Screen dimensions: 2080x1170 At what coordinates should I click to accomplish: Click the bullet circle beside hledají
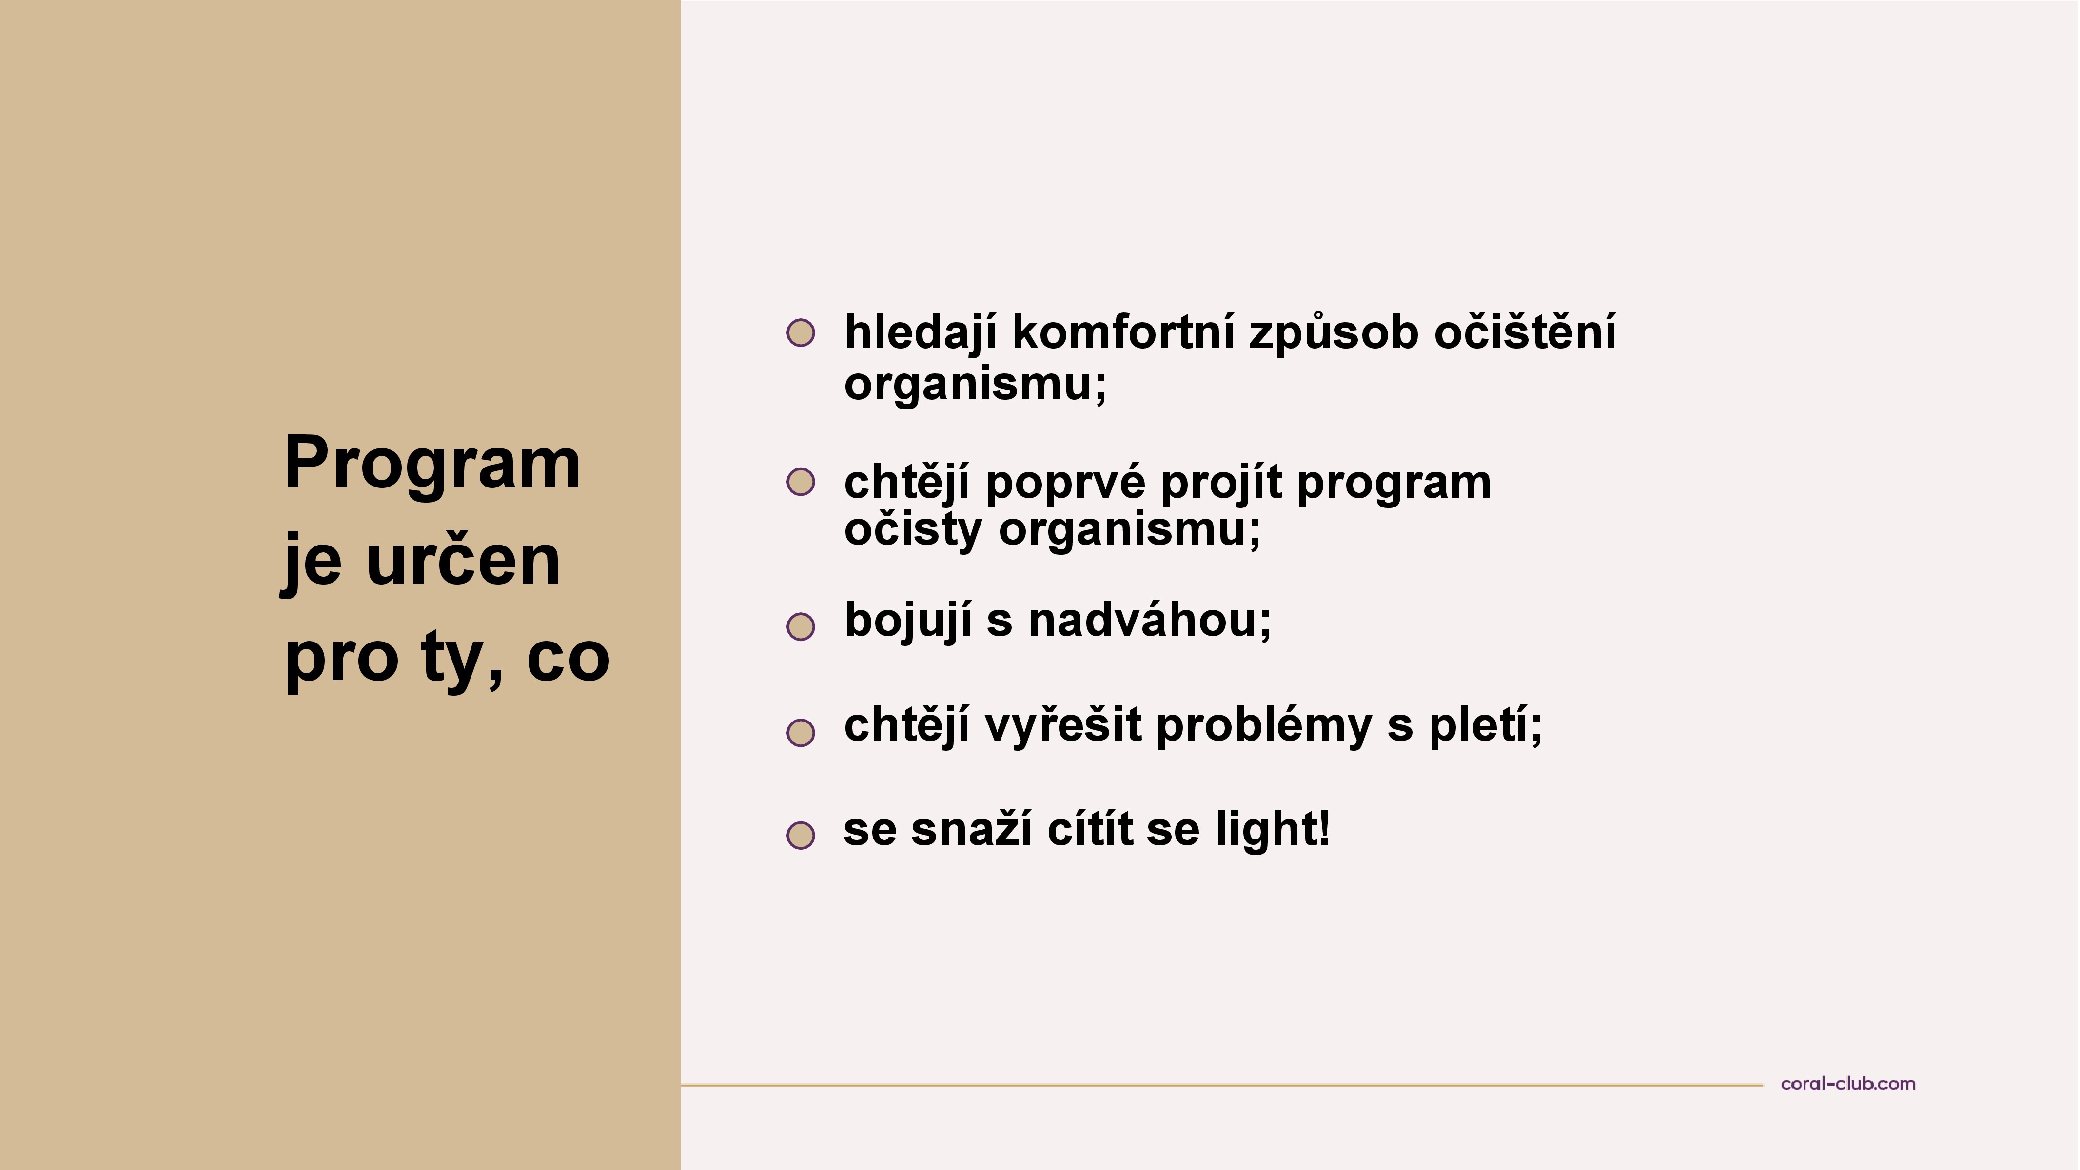pyautogui.click(x=800, y=332)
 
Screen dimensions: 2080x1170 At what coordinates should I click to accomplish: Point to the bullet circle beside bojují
pyautogui.click(x=800, y=626)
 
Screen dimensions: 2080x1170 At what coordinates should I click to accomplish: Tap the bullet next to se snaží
pyautogui.click(x=800, y=835)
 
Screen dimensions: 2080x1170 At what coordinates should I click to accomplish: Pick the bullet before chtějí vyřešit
pyautogui.click(x=800, y=732)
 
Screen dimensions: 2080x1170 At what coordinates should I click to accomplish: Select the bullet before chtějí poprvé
pyautogui.click(x=800, y=482)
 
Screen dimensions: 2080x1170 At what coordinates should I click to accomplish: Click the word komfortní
pyautogui.click(x=1123, y=332)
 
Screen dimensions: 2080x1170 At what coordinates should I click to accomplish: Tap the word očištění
pyautogui.click(x=1525, y=332)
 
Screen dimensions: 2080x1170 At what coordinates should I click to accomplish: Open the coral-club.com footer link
pyautogui.click(x=1847, y=1084)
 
